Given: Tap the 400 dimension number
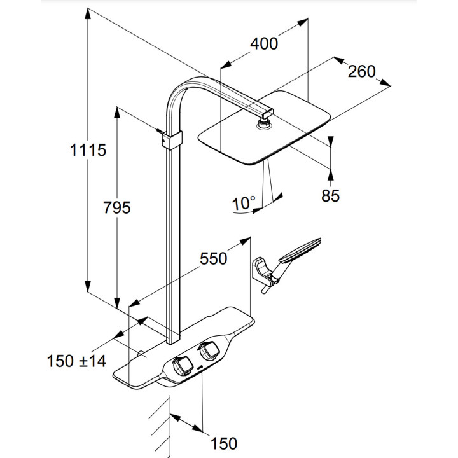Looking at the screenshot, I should pyautogui.click(x=264, y=44).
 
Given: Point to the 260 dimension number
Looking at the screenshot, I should pyautogui.click(x=361, y=72).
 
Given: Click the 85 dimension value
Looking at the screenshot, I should pyautogui.click(x=330, y=195).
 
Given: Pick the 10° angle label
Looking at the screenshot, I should pyautogui.click(x=243, y=204).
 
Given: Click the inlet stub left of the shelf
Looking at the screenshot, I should pyautogui.click(x=139, y=353).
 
